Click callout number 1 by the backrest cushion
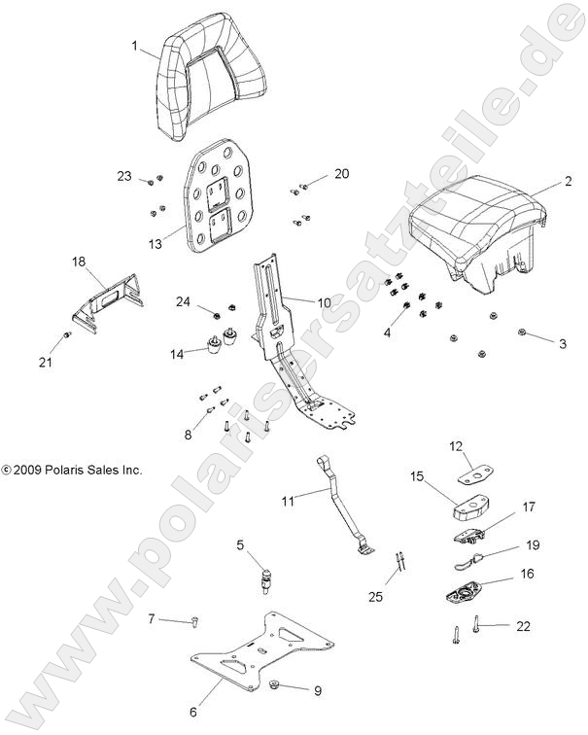coord(135,45)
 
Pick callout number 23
coord(124,176)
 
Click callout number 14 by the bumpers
coord(177,355)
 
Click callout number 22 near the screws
coord(524,627)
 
